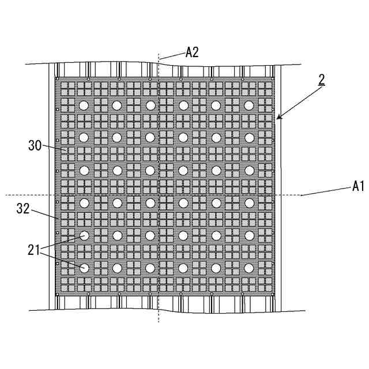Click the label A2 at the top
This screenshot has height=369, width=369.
(x=192, y=52)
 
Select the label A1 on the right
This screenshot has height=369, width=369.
(x=359, y=186)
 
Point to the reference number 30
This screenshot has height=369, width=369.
(x=35, y=145)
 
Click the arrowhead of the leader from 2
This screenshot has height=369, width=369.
(x=278, y=118)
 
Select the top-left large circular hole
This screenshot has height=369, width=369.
(x=84, y=106)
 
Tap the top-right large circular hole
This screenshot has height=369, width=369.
(x=249, y=106)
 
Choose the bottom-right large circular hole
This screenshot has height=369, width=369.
(x=249, y=268)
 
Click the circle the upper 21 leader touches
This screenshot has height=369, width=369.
(x=84, y=235)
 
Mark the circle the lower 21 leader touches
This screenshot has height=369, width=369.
(x=84, y=268)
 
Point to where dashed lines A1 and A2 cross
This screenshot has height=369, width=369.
(x=159, y=195)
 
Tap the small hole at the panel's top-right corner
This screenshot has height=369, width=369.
(x=272, y=78)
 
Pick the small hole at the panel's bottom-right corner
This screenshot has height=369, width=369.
(x=272, y=295)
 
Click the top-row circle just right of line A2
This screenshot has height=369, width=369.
(x=183, y=106)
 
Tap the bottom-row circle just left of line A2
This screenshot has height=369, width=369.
(x=150, y=268)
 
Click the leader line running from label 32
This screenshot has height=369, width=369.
(x=43, y=214)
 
